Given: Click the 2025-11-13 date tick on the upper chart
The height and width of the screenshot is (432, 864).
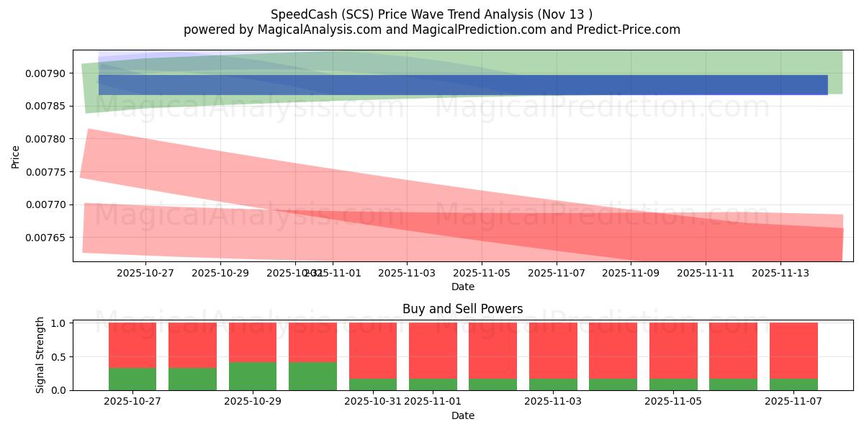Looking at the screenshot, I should pos(780,273).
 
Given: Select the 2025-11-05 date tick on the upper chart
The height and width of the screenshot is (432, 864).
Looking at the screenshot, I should pos(482,273).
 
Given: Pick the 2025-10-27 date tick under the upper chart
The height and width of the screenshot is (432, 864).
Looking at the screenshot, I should pos(145,273).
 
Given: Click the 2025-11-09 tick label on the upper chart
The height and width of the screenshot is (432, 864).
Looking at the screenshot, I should pos(631,273).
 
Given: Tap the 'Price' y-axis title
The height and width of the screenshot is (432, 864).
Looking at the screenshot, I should pos(16,156).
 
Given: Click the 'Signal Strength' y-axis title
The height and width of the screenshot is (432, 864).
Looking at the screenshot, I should pos(40,355).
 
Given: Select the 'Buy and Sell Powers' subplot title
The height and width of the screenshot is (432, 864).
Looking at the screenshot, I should pos(462,309).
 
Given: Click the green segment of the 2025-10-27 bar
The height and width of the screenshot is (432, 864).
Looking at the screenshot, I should pos(132,379).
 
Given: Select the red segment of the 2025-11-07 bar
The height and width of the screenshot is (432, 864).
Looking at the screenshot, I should pos(793,350).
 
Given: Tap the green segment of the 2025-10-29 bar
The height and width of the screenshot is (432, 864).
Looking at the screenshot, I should pos(253,376).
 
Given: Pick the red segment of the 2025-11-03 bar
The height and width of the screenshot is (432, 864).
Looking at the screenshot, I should pos(553,350).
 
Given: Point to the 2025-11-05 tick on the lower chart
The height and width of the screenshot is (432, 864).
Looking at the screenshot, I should pos(673,401).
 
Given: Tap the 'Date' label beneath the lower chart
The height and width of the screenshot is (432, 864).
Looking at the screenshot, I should pos(462,415).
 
